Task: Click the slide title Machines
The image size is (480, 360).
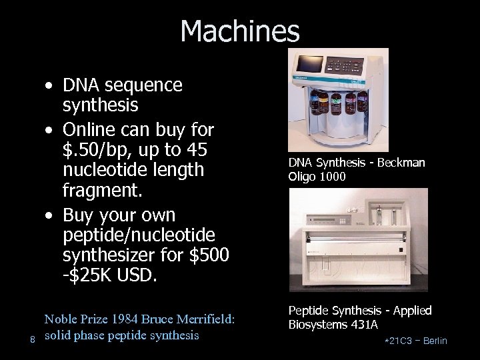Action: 240,31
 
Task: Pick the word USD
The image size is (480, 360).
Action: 134,275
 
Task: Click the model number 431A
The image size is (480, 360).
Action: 365,324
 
